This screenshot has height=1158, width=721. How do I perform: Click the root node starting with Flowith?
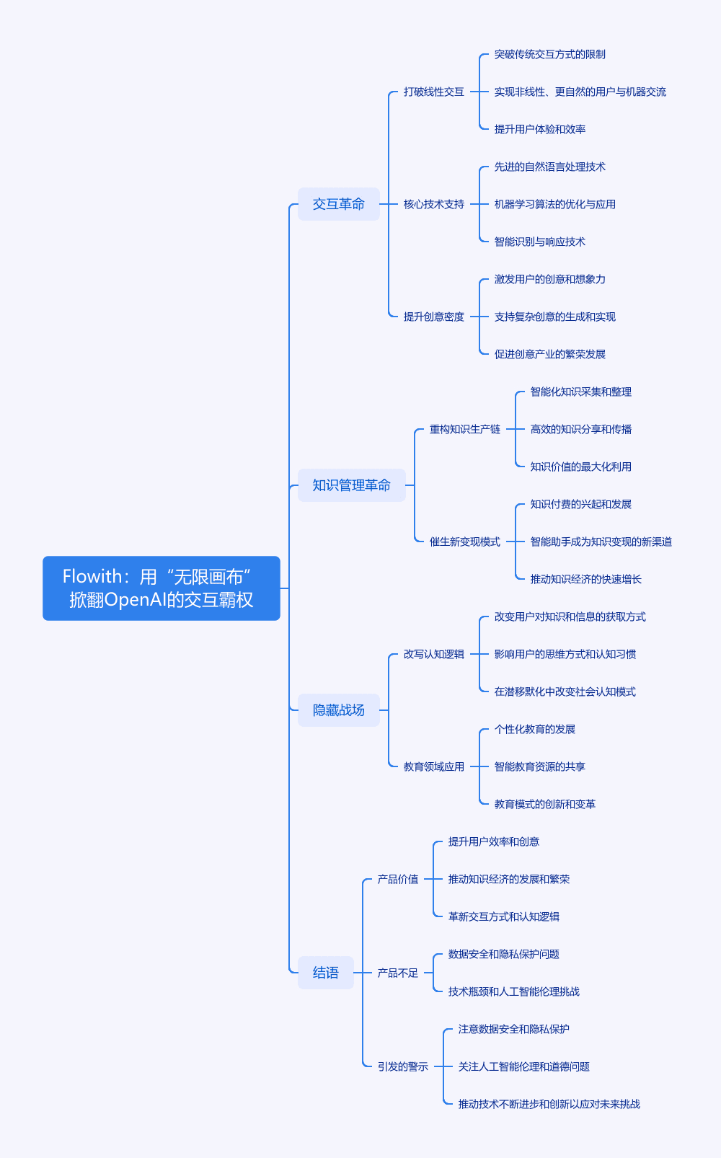(x=162, y=588)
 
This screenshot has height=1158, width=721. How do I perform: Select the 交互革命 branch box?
(x=339, y=204)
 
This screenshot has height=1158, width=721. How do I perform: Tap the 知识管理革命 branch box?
(x=351, y=485)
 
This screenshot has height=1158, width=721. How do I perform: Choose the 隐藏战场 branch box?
(x=339, y=710)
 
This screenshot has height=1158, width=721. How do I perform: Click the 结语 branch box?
(x=326, y=973)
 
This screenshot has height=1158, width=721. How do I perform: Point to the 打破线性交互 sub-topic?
(x=433, y=92)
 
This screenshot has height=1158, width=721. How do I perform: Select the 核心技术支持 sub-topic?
(x=433, y=205)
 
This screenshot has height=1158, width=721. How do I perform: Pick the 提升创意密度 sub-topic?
(x=433, y=317)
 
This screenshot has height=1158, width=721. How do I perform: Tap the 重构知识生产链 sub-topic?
(x=464, y=430)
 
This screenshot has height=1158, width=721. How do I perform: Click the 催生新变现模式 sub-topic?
(x=464, y=542)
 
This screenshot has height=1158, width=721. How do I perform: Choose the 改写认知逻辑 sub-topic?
(x=433, y=655)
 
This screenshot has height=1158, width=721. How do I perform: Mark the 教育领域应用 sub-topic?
(x=433, y=766)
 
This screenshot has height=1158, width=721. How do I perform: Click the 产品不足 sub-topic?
(x=397, y=973)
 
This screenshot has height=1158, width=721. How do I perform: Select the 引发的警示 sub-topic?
(x=402, y=1066)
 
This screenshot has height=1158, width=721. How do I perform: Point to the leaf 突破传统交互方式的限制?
(x=549, y=55)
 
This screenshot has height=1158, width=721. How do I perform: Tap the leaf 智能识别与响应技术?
(x=539, y=242)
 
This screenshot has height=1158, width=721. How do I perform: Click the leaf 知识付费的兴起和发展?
(x=581, y=505)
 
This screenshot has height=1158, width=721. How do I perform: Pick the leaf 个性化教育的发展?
(x=534, y=730)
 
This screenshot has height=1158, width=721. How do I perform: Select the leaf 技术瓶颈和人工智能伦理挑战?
(x=514, y=991)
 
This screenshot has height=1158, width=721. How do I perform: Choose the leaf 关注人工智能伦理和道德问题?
(x=523, y=1066)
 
